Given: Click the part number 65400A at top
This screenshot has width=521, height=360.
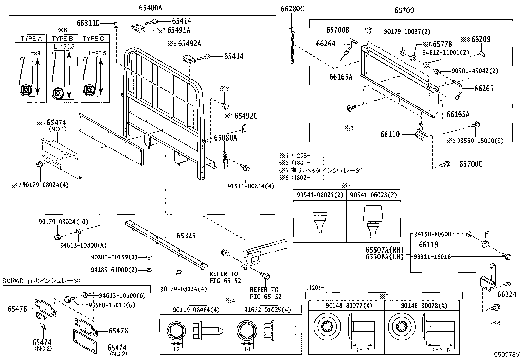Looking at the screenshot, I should click(150, 8).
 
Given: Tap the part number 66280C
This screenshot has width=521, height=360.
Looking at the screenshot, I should click(292, 9).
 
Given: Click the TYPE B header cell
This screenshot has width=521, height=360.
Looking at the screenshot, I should click(62, 39).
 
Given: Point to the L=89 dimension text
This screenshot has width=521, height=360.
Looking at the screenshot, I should click(34, 53).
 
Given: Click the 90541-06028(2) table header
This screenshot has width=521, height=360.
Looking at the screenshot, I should click(373, 195).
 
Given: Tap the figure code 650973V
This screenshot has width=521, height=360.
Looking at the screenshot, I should click(507, 354).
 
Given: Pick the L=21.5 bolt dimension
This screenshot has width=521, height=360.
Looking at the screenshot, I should click(441, 350).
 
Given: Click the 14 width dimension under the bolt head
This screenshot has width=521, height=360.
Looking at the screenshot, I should click(247, 349).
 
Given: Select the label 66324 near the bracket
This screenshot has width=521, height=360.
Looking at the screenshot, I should click(507, 295).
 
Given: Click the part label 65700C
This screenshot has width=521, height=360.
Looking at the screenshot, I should click(471, 164).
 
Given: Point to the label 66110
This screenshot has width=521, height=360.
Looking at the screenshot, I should click(390, 134).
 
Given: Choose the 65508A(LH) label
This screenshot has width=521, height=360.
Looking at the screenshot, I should click(384, 257).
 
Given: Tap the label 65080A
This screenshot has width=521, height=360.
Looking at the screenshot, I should click(225, 138).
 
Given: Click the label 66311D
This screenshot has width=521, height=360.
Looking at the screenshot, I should click(88, 23).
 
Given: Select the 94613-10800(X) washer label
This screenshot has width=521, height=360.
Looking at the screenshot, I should click(83, 245).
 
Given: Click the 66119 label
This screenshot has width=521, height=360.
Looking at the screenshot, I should click(428, 245).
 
